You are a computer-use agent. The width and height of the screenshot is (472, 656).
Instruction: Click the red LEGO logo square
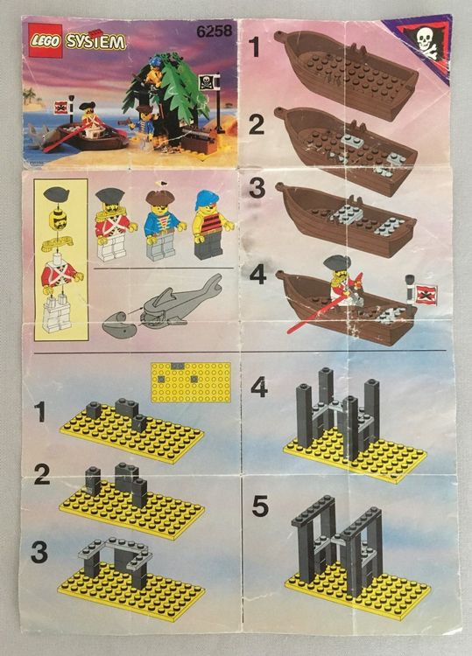(46, 40)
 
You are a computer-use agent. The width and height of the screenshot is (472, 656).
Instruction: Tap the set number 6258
(214, 31)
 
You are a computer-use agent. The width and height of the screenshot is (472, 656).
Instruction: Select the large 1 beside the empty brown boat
(255, 47)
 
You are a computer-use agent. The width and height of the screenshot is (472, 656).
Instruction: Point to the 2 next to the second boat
(257, 125)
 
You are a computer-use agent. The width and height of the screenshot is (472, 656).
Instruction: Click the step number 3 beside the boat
(257, 188)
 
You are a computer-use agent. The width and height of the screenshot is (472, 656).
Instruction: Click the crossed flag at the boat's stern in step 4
(426, 294)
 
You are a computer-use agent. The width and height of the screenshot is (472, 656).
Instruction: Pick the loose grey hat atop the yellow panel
(56, 194)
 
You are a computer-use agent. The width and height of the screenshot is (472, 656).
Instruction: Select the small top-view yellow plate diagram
(191, 382)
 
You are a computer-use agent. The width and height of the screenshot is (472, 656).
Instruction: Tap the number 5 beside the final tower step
(260, 506)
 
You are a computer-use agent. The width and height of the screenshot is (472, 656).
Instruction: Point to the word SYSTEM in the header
(96, 42)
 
